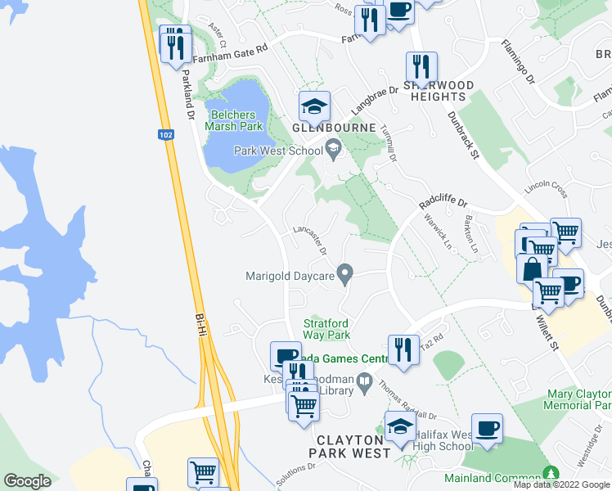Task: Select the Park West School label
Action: coord(278,151)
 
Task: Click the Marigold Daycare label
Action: coord(290,276)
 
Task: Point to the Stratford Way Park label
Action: coord(326,329)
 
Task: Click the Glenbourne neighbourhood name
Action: coord(335,128)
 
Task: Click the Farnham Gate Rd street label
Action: coord(230,48)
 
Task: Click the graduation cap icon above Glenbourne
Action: coord(314,106)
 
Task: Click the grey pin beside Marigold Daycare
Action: coord(346,273)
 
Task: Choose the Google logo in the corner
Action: coord(28,480)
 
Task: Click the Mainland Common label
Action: coord(491,477)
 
